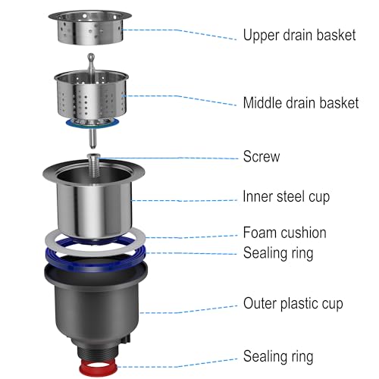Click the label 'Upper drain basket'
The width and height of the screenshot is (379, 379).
pyautogui.click(x=299, y=35)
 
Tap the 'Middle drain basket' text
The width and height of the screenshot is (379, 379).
pyautogui.click(x=301, y=103)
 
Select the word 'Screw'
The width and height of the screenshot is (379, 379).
pyautogui.click(x=262, y=156)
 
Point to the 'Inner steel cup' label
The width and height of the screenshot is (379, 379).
pyautogui.click(x=287, y=197)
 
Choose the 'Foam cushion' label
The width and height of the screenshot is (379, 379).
pyautogui.click(x=285, y=233)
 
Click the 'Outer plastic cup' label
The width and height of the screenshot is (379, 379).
pyautogui.click(x=293, y=303)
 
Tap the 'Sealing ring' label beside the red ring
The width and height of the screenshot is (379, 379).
pyautogui.click(x=278, y=356)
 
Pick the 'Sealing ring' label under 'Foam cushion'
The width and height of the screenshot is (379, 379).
pyautogui.click(x=278, y=253)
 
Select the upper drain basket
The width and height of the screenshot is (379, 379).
pyautogui.click(x=90, y=27)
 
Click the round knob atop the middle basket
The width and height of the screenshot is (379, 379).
pyautogui.click(x=91, y=57)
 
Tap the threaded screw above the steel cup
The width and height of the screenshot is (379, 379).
pyautogui.click(x=94, y=165)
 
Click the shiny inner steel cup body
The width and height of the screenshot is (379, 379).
pyautogui.click(x=94, y=207)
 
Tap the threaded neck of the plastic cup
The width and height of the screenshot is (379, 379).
pyautogui.click(x=97, y=352)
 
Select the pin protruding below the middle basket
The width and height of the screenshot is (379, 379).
pyautogui.click(x=93, y=139)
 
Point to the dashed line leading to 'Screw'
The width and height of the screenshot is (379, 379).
pyautogui.click(x=169, y=158)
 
